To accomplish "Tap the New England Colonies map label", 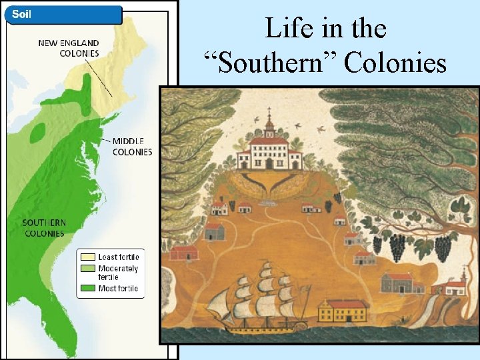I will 68,48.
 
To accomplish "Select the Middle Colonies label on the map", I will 132,147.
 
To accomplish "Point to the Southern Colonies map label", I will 44,228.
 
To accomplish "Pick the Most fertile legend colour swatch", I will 88,289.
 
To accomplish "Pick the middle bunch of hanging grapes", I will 397,248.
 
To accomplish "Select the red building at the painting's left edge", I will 184,253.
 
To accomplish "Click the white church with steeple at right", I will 455,287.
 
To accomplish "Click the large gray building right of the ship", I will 400,283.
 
